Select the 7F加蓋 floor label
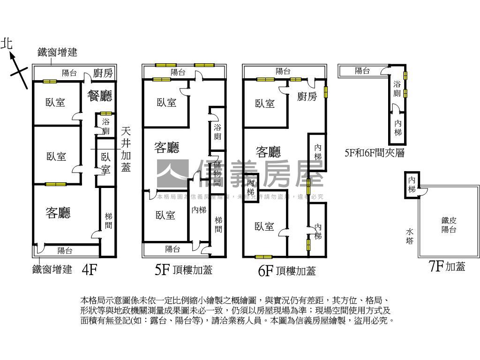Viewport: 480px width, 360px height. coord(447,267)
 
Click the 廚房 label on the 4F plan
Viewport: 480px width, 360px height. coord(103,73)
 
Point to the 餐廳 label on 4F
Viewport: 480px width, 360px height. coord(100,96)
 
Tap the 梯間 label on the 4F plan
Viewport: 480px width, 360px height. coord(108,221)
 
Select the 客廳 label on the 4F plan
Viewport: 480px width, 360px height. coord(58,213)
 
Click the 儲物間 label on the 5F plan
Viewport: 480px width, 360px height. coord(217,173)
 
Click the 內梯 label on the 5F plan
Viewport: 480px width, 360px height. coord(199,210)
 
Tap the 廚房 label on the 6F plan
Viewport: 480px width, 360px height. coord(307,96)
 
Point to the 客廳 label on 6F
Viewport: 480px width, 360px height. coord(268,151)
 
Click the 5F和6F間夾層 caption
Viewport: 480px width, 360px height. coord(374,153)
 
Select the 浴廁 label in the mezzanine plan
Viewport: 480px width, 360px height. coord(397,89)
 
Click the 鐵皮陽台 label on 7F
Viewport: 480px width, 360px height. coord(449,225)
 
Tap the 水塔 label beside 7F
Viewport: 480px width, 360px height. coord(410,236)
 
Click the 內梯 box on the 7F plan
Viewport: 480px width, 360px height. coord(412,184)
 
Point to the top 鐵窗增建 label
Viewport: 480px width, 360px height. coord(57,52)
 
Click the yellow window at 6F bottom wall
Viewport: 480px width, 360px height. coord(263,256)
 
